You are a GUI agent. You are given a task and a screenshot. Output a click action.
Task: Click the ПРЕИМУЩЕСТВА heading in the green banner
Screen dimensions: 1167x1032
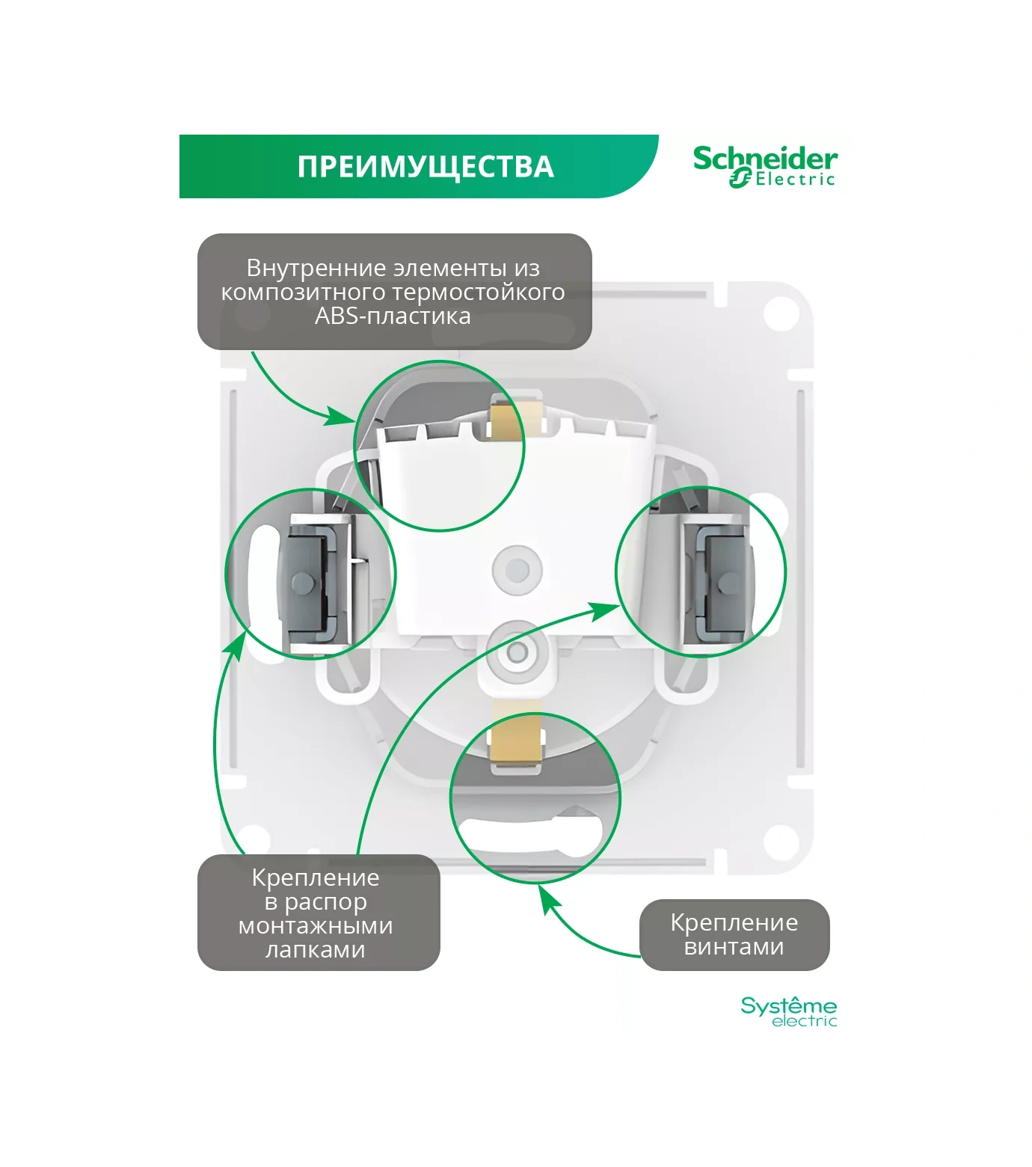click(x=425, y=167)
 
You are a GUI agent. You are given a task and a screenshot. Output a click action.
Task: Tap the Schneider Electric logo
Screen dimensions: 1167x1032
click(x=764, y=167)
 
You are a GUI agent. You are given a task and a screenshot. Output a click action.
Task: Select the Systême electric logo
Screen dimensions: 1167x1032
click(x=788, y=1011)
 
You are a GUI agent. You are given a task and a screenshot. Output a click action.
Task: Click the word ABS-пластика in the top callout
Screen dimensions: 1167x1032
click(x=393, y=316)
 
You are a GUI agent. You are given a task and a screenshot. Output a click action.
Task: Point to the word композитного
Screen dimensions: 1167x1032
click(x=302, y=292)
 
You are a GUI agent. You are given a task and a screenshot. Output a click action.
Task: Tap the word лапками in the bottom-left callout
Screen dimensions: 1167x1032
click(x=315, y=950)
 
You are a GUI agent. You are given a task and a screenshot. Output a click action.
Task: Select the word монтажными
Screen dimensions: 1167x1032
click(x=315, y=926)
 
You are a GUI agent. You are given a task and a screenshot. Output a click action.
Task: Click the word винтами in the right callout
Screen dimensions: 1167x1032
click(x=734, y=947)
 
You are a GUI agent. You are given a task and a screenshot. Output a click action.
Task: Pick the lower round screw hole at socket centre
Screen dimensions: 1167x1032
click(x=516, y=652)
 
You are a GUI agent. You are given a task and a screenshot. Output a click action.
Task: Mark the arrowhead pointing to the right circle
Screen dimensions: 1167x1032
click(x=604, y=610)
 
